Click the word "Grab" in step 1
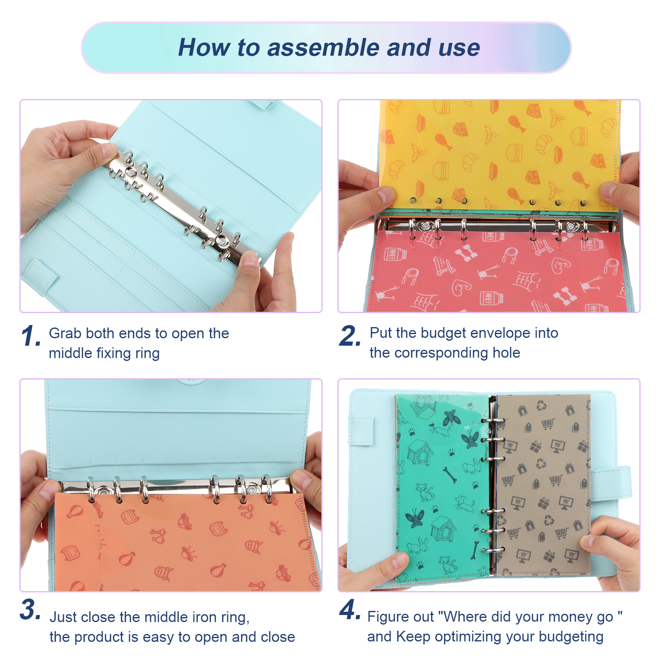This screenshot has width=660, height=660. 65,333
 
